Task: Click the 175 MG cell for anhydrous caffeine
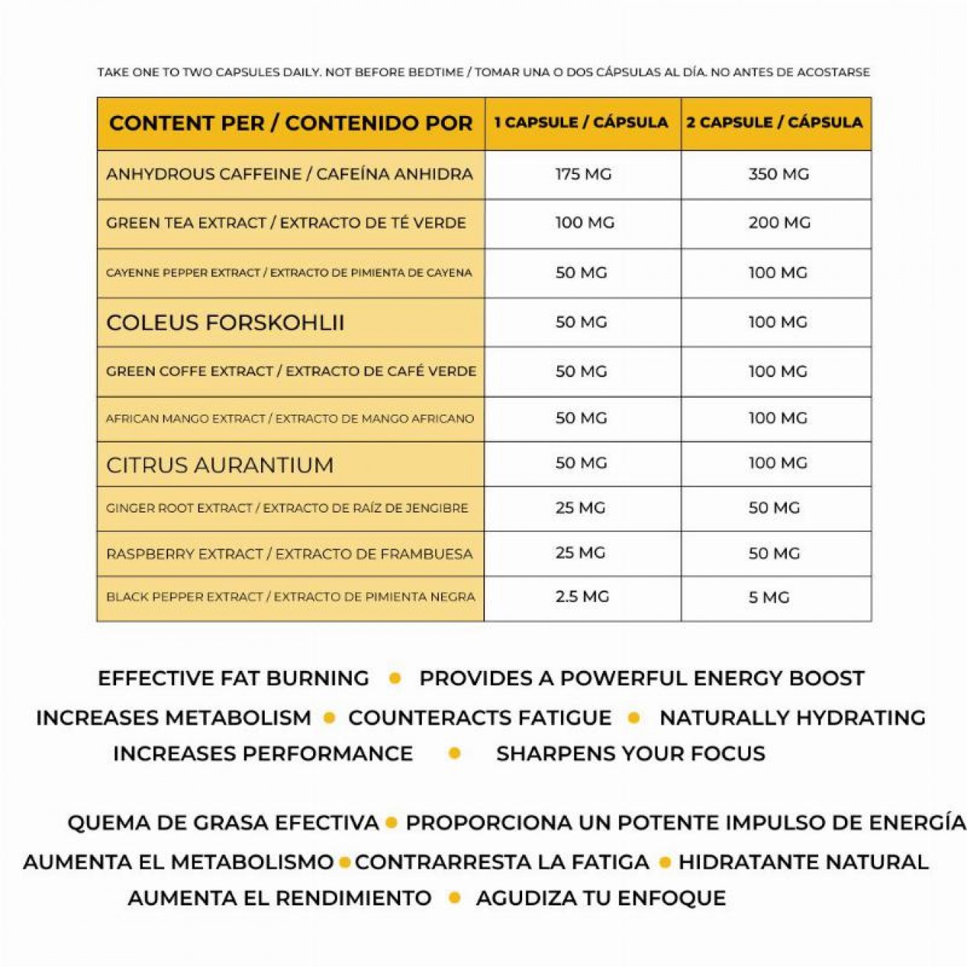coord(583,174)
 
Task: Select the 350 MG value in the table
coord(778,174)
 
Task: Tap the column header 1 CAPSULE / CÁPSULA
coord(582,123)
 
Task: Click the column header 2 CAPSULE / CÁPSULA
coord(774,123)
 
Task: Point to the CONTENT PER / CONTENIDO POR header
coord(291,123)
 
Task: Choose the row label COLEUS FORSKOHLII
coord(225,323)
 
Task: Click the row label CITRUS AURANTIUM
coord(219,465)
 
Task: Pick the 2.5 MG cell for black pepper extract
coord(582,597)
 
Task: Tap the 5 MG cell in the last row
coord(768,597)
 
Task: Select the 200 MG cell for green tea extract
coord(779,222)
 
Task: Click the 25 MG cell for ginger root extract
coord(580,508)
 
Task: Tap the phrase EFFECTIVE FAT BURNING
coord(233,678)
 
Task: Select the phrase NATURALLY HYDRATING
coord(792,718)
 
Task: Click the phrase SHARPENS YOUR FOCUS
coord(630,754)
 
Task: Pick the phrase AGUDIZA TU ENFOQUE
coord(600,898)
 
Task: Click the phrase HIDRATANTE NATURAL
coord(803,862)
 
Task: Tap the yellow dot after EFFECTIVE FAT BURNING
coord(395,678)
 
